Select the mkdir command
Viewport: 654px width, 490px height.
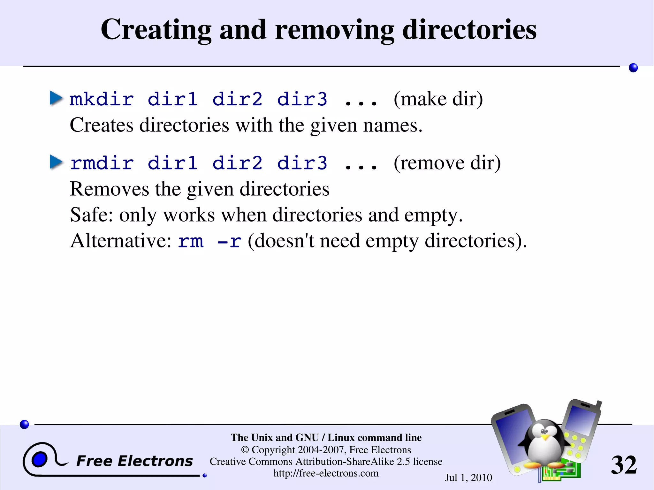point(102,99)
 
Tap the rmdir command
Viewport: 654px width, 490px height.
point(102,163)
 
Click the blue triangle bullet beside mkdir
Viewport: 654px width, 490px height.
point(56,98)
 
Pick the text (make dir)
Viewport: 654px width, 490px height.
point(438,99)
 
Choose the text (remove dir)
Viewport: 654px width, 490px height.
point(447,163)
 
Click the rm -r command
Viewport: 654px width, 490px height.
point(209,241)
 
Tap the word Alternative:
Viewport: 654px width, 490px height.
point(121,241)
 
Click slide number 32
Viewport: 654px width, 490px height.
point(624,465)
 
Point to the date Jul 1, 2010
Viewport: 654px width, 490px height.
point(468,478)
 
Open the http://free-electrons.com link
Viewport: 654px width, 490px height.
point(326,473)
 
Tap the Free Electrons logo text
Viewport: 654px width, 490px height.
point(134,461)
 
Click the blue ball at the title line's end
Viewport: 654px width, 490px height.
point(633,68)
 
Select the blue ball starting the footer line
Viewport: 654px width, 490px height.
point(24,424)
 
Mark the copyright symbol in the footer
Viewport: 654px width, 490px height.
point(245,450)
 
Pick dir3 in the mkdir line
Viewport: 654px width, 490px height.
point(302,99)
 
